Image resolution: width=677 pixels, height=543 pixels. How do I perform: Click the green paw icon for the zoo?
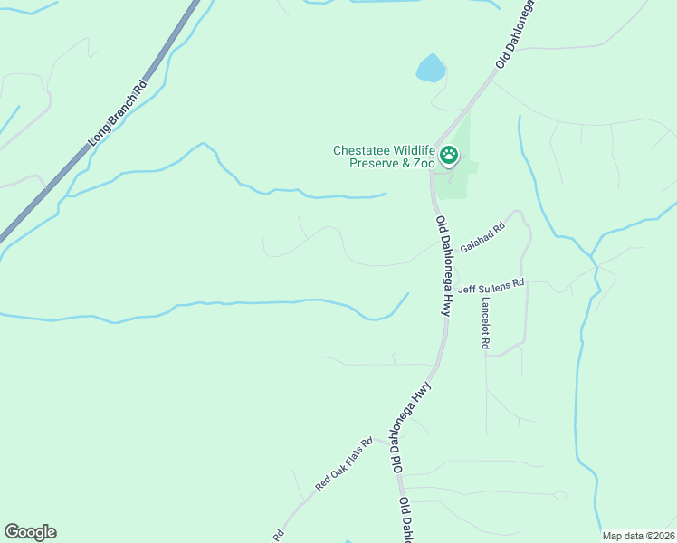[449, 157]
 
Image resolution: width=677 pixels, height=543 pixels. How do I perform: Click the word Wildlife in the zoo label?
[413, 151]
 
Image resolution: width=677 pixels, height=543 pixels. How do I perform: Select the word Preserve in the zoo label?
[376, 163]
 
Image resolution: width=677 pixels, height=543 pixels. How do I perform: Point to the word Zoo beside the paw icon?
[424, 163]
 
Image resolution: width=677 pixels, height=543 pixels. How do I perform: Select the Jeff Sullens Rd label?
[491, 288]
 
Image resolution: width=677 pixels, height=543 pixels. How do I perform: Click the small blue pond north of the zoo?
[430, 67]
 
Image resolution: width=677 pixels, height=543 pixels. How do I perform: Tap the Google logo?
[30, 532]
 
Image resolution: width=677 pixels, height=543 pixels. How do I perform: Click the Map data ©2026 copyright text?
[638, 536]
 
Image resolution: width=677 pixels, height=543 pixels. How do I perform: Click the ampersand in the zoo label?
[409, 163]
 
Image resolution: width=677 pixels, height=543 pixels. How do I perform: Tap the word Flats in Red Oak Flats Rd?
[351, 459]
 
